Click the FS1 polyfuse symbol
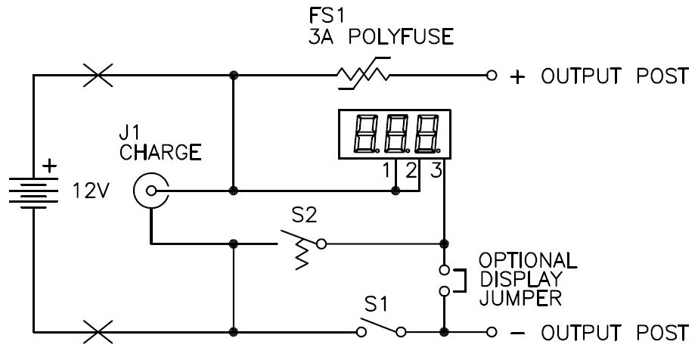[362, 74]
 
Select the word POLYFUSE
[416, 36]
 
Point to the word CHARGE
[160, 153]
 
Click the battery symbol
[34, 191]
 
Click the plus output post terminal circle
[492, 76]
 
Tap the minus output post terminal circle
[492, 331]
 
